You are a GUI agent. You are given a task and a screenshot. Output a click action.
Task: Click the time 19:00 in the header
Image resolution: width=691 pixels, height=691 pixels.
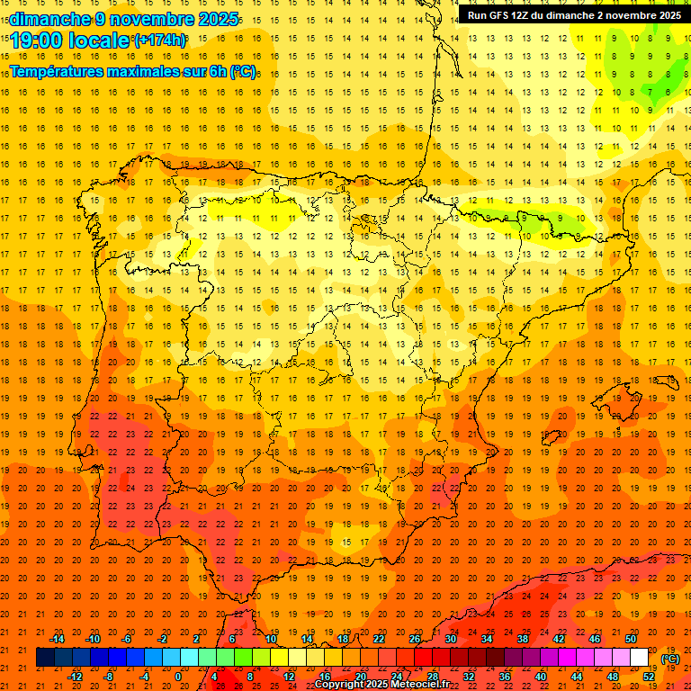tap(40, 40)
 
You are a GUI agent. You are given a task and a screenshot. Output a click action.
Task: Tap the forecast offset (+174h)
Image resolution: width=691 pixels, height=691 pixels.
tap(160, 40)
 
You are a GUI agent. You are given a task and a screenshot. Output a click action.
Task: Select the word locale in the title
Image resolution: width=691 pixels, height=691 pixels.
tap(100, 40)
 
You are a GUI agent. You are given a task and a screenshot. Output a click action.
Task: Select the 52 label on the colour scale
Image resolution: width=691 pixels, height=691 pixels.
tap(648, 677)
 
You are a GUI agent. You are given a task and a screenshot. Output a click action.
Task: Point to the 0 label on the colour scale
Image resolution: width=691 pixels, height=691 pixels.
tap(179, 677)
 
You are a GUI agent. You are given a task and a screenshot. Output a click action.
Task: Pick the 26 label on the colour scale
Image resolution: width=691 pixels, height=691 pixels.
tap(414, 640)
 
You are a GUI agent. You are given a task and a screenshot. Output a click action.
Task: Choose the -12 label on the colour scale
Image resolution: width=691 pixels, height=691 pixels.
tap(75, 677)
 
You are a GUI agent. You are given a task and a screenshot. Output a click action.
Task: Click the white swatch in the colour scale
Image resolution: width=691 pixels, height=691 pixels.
tap(639, 658)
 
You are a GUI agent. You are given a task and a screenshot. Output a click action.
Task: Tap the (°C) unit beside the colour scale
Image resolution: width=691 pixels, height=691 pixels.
tap(670, 659)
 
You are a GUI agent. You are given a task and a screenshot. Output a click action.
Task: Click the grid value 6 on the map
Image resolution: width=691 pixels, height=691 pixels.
tap(668, 92)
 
